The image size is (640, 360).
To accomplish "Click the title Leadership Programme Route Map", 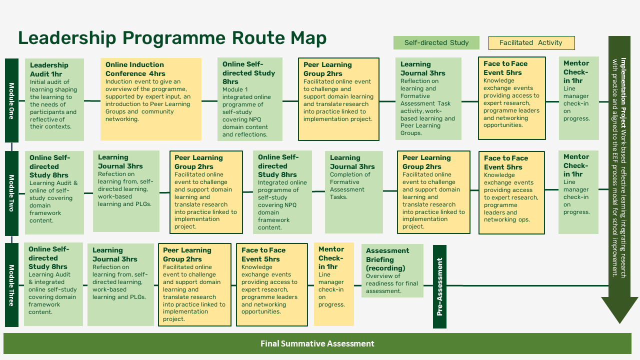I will click(172, 38).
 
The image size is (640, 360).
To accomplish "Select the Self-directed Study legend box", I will click(436, 42).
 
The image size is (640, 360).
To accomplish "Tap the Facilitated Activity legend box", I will click(531, 42).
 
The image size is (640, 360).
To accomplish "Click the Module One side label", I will click(11, 100).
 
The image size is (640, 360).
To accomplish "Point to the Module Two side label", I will click(11, 193).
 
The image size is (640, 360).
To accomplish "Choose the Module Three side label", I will click(11, 285).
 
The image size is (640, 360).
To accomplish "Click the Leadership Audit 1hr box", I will click(54, 99).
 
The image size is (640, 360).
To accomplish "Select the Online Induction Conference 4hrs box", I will click(150, 99).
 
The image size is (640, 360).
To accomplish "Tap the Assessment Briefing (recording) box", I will click(392, 270).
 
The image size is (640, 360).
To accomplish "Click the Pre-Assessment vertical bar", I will click(439, 286).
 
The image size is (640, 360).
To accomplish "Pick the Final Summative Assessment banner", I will click(317, 343).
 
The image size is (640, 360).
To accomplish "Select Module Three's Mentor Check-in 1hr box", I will click(333, 284).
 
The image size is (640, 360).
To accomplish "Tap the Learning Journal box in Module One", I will click(428, 99).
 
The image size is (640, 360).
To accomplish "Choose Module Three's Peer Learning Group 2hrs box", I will click(194, 284).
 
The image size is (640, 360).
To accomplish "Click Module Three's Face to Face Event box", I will click(271, 284).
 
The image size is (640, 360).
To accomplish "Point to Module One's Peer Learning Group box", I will click(338, 99).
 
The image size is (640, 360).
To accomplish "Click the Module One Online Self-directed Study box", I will click(249, 99).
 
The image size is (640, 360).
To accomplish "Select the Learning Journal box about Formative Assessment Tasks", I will click(353, 192).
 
